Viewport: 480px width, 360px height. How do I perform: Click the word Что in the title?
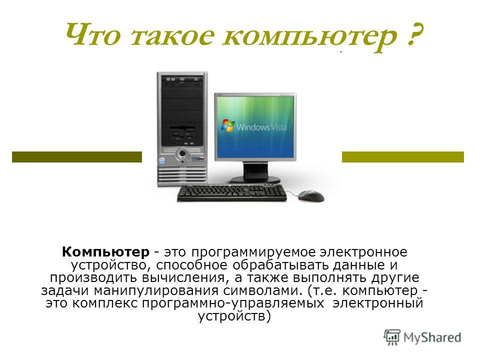tap(92, 34)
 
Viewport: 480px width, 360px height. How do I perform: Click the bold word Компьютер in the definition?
tap(105, 252)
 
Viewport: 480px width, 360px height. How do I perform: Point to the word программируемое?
tap(253, 252)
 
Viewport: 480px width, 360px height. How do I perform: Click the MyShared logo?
tap(422, 337)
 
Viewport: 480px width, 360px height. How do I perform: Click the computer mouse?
tap(310, 195)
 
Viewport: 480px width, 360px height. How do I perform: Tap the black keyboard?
tap(232, 193)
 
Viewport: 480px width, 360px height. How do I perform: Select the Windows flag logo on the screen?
tap(228, 125)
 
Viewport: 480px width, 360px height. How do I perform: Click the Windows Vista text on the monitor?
tap(261, 126)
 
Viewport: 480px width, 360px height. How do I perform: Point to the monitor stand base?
tap(255, 179)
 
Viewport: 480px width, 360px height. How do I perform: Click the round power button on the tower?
tap(182, 153)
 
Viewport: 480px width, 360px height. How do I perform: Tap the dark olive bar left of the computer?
tap(77, 156)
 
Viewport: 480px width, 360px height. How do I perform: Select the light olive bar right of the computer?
tap(403, 156)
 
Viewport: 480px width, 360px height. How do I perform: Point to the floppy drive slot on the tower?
tap(182, 127)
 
